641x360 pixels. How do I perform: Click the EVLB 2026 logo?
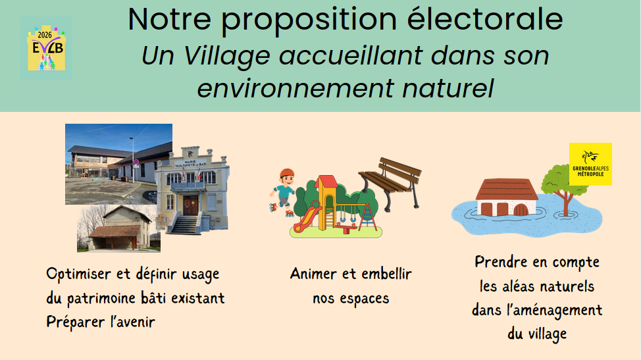click(46, 48)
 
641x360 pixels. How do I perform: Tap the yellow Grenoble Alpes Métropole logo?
click(590, 165)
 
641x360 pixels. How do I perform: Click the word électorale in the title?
click(485, 19)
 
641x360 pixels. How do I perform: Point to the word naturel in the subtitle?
click(448, 88)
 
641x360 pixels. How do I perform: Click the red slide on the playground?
click(307, 217)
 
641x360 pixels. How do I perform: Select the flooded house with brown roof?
click(507, 197)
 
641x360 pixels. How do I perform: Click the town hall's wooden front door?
click(190, 205)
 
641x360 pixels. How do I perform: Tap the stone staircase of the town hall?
click(184, 224)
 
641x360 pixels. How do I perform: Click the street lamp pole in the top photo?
click(132, 159)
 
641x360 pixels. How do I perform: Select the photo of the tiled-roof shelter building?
click(118, 228)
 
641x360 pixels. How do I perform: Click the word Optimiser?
click(78, 274)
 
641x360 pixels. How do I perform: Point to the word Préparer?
click(76, 322)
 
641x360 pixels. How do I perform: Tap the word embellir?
click(386, 273)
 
